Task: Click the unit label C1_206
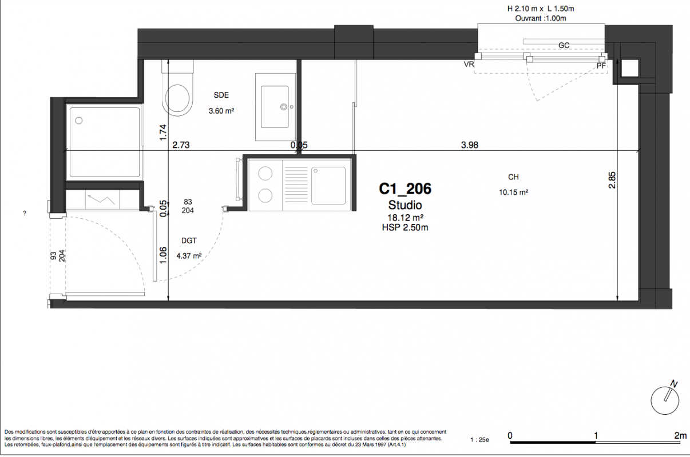[405, 189]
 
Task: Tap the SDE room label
[221, 95]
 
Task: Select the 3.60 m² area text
[221, 111]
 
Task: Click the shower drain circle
[79, 121]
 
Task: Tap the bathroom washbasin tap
[284, 107]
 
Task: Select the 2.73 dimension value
[181, 145]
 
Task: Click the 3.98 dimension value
[470, 145]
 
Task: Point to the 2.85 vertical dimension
[612, 180]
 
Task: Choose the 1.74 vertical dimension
[163, 133]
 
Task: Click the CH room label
[513, 177]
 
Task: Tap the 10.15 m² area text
[514, 192]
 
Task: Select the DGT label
[189, 241]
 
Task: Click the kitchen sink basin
[328, 186]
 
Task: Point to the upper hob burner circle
[265, 174]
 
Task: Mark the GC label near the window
[564, 46]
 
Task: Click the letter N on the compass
[675, 384]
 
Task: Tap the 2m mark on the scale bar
[680, 435]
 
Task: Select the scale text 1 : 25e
[479, 440]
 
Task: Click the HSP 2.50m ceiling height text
[405, 227]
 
